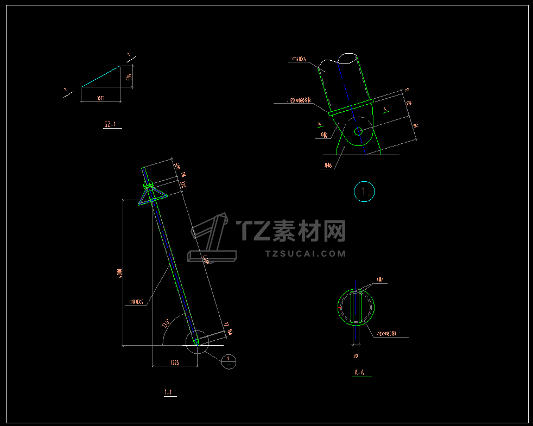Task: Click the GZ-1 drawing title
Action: pos(110,125)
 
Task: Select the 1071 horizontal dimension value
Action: pos(100,99)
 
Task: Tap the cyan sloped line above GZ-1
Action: pos(101,77)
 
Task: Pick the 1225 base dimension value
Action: pos(175,362)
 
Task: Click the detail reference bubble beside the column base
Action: pos(229,360)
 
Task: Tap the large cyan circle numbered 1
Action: pos(364,192)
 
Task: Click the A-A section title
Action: pos(359,373)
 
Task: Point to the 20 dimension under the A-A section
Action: pos(356,357)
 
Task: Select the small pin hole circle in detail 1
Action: pos(358,131)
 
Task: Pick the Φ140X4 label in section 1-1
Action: pos(137,302)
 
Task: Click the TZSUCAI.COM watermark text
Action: pos(306,253)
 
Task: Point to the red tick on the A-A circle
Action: pos(339,308)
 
